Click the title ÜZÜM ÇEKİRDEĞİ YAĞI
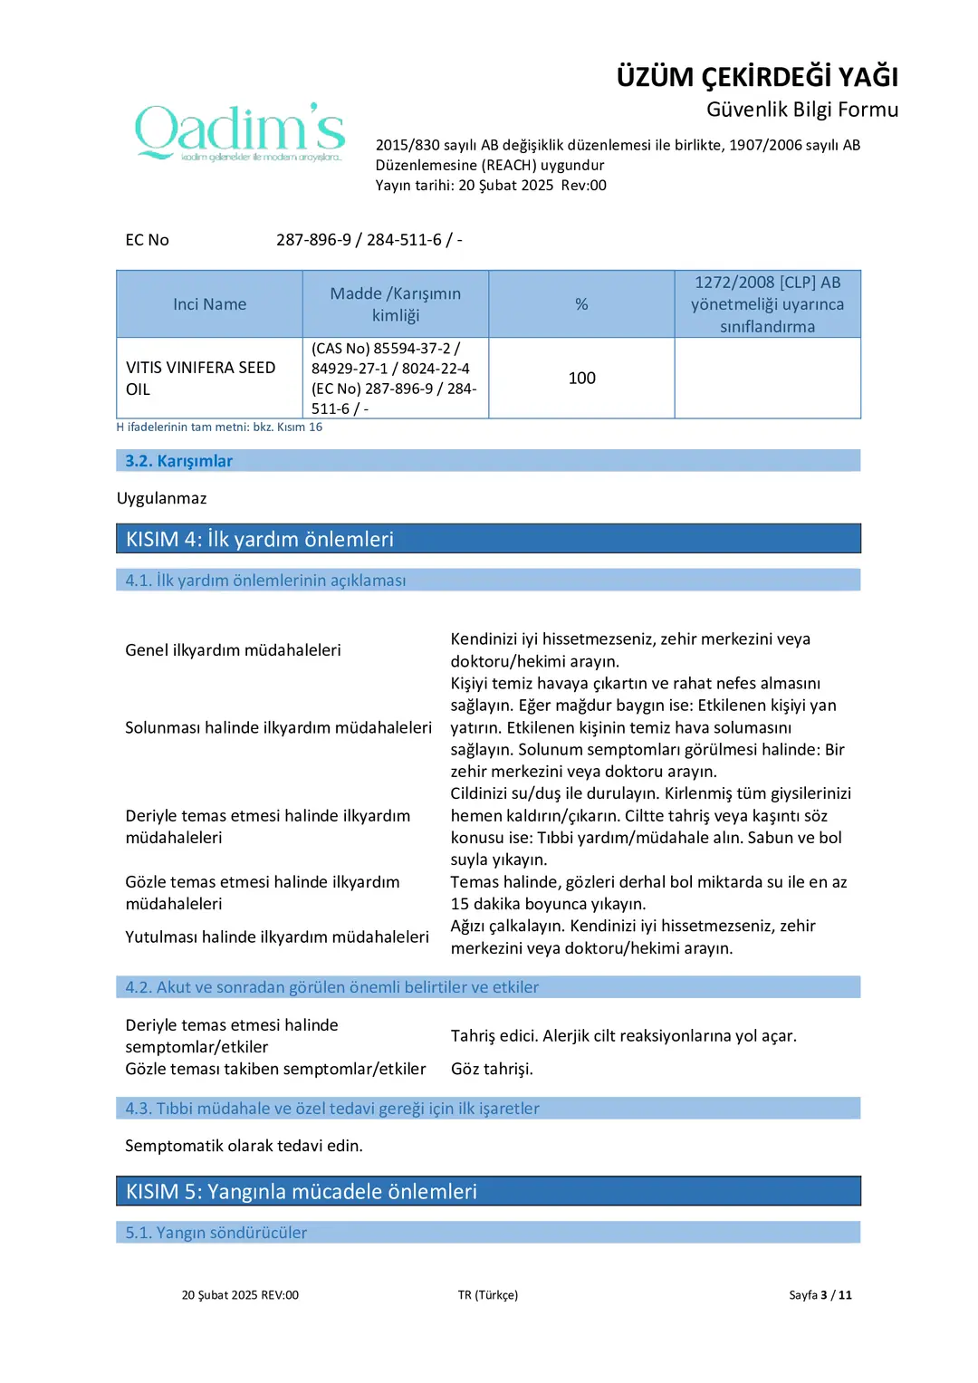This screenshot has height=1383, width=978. pos(757,77)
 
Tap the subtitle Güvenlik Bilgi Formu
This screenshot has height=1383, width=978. pos(801,110)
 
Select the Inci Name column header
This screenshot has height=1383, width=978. pos(209,304)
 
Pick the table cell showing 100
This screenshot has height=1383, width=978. pos(581,378)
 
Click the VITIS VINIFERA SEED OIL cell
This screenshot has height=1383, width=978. pos(201,378)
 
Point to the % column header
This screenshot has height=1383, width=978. pos(581,304)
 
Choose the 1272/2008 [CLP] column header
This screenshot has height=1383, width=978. pos(767,304)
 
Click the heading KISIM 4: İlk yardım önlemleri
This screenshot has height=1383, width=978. pos(260,539)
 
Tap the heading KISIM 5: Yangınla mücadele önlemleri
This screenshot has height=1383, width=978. pos(302,1191)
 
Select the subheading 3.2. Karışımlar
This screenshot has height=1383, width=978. pos(178,461)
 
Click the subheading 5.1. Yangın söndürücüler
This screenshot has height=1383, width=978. pos(216,1233)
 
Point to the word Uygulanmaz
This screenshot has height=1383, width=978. pos(162,498)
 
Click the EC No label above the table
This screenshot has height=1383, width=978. pos(147,240)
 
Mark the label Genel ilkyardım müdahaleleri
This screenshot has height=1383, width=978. pos(233,649)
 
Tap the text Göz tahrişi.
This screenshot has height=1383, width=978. pos(492,1069)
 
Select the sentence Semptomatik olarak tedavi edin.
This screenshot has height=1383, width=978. pos(244,1146)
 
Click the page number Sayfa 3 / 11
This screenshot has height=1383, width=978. pos(820,1295)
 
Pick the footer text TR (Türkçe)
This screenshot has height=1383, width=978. pos(487,1295)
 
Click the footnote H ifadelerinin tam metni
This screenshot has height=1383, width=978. pos(219,427)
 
